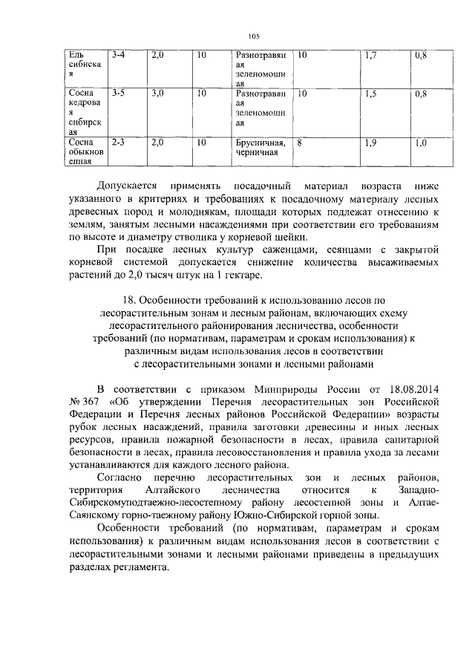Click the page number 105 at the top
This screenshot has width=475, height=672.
[253, 36]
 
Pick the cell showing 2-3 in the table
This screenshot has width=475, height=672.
[118, 142]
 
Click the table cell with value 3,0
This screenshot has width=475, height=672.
[157, 94]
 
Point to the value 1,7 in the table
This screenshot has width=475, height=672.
[372, 56]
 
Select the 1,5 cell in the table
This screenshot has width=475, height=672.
[372, 94]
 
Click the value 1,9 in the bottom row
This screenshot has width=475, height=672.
[372, 142]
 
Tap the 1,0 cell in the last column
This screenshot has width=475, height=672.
[421, 142]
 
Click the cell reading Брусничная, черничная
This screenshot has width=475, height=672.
[257, 147]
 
